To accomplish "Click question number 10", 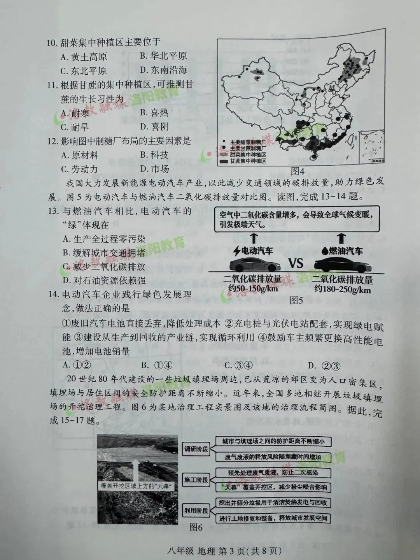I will coord(52,42).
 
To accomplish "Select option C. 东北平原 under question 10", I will coord(84,71).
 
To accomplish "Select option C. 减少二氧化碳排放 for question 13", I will coord(104,267).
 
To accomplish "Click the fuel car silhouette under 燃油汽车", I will coord(342,265).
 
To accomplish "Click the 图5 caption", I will coord(297,300).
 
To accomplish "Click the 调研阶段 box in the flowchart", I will coord(196,449).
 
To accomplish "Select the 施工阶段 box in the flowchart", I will coord(196,480).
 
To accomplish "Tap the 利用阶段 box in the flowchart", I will coord(196,511).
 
